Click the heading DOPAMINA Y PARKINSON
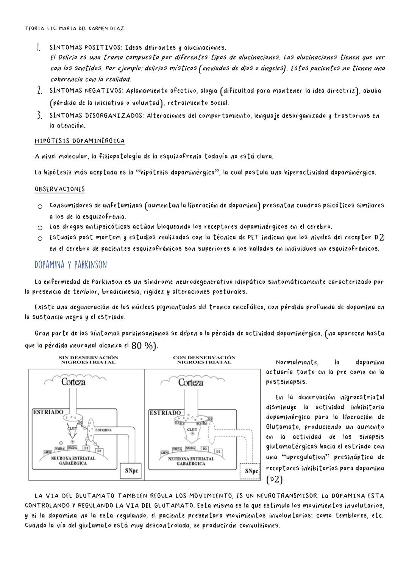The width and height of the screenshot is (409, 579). pyautogui.click(x=70, y=265)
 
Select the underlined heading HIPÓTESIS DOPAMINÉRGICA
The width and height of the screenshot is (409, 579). pyautogui.click(x=80, y=141)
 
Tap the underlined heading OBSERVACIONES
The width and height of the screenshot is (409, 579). pyautogui.click(x=60, y=189)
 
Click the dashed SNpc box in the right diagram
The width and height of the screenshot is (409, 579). pyautogui.click(x=250, y=471)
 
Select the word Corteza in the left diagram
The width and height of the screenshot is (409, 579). pyautogui.click(x=74, y=382)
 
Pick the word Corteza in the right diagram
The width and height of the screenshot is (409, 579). pyautogui.click(x=190, y=382)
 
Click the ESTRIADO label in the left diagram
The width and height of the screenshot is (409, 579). pyautogui.click(x=48, y=412)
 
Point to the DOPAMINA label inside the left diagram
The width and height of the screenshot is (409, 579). pyautogui.click(x=103, y=430)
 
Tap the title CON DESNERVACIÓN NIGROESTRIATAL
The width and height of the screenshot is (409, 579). pyautogui.click(x=204, y=360)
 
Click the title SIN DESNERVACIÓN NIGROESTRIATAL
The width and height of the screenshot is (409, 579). pyautogui.click(x=88, y=360)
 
